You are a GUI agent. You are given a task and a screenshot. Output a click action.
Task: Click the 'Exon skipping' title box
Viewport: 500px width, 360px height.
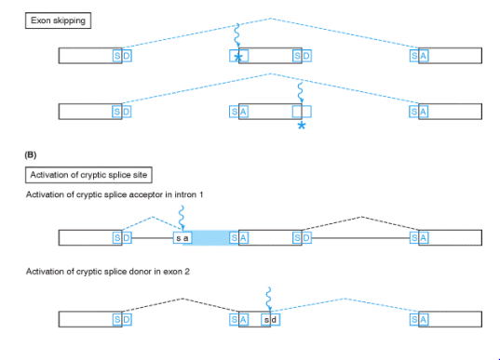(58, 20)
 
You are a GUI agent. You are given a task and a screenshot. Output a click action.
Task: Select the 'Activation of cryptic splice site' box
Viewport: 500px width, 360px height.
(88, 175)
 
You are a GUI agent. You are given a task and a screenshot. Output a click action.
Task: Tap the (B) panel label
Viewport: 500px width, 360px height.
(31, 154)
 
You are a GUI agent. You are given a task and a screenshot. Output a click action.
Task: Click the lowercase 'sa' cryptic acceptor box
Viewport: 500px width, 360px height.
(182, 238)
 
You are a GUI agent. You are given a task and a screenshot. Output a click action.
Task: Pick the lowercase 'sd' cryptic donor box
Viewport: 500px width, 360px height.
(270, 320)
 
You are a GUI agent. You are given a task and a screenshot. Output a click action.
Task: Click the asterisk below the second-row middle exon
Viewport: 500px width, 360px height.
(302, 126)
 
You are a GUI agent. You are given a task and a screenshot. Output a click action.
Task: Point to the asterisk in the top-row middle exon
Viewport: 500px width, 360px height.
(238, 58)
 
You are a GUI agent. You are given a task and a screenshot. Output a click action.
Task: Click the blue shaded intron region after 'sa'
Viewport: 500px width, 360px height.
(210, 238)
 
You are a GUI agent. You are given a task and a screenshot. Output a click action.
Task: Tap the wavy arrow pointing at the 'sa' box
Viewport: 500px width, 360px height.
(182, 218)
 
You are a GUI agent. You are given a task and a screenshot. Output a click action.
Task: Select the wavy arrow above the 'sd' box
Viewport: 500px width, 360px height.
(269, 300)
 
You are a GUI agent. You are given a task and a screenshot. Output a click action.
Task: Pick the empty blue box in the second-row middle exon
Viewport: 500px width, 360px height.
(302, 112)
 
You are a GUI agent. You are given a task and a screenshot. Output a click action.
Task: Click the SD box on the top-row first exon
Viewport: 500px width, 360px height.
(122, 56)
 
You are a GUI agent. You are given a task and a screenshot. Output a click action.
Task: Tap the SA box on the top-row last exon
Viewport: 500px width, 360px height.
(419, 56)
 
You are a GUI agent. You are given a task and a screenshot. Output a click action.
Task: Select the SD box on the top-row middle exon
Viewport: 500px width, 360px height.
(302, 56)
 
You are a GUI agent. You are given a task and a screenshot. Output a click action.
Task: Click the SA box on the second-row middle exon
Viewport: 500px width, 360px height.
(239, 112)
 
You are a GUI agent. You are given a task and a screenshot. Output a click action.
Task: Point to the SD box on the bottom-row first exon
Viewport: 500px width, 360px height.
(122, 320)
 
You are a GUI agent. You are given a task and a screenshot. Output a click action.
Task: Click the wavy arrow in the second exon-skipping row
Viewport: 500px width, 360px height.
(300, 93)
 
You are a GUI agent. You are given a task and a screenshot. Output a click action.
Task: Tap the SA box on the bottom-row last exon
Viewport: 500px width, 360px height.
(419, 320)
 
